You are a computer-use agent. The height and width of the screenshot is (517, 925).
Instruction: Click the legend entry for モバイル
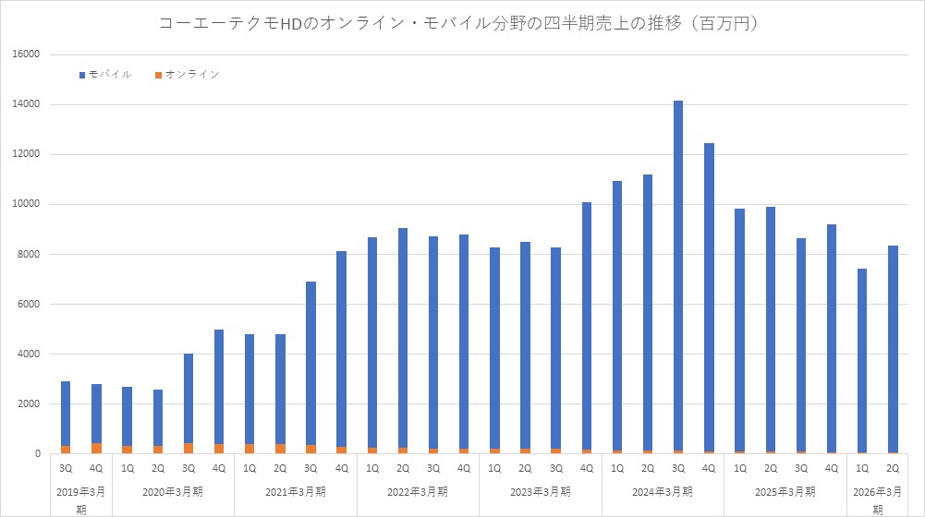110,74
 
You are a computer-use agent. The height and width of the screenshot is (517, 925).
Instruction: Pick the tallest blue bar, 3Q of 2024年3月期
678,277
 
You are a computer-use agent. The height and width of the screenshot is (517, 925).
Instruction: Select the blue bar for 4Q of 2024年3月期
709,295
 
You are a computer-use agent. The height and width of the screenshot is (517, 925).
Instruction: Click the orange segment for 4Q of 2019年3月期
96,448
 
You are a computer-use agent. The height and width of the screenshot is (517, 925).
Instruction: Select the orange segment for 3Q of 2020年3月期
188,448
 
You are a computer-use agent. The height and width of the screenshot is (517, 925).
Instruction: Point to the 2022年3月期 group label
418,491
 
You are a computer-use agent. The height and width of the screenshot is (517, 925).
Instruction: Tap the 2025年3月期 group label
785,491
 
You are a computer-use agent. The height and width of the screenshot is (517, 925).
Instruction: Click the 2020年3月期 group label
173,491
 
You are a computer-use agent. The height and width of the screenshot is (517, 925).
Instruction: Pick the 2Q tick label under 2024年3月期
648,468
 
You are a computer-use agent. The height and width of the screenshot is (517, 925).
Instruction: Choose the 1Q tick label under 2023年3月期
494,468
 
